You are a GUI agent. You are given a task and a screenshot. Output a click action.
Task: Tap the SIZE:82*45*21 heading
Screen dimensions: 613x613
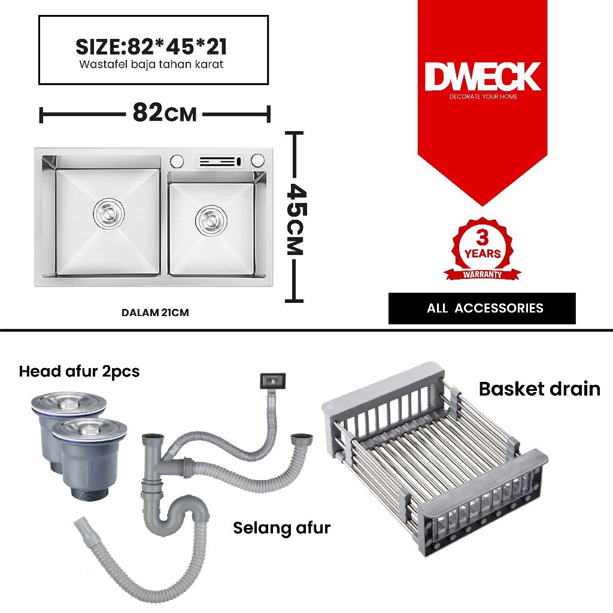pos(151,46)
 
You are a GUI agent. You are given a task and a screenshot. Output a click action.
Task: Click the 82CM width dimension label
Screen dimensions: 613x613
pos(164,113)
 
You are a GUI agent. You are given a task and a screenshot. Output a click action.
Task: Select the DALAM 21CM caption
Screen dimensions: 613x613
pos(155,312)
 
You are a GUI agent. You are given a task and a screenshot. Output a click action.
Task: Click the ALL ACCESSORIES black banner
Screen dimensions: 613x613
pos(482,308)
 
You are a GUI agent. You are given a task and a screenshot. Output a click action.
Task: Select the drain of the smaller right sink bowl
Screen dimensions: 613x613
pos(210,219)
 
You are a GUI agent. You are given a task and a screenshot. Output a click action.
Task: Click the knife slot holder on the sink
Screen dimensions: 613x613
pos(220,161)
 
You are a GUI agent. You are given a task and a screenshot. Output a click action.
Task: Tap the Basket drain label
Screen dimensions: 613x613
pos(539,389)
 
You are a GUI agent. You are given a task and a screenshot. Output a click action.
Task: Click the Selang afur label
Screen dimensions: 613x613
pos(281,528)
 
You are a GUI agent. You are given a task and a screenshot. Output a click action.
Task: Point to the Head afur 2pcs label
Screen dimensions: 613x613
pos(79,371)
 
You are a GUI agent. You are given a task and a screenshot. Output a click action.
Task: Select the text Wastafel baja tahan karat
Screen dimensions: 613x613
pos(151,65)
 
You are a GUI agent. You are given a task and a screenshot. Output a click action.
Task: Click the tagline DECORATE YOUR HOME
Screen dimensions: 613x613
pos(483,96)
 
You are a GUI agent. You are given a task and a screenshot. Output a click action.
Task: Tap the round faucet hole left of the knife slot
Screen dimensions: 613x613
pos(177,161)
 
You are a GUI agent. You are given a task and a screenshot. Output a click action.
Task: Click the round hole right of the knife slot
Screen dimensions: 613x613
pos(257,160)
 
